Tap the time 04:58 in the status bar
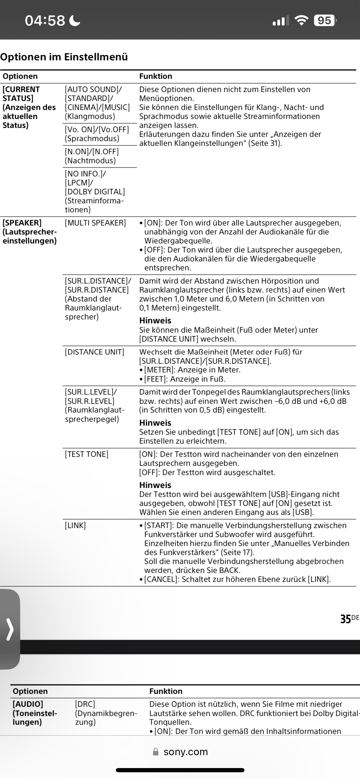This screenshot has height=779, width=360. pos(45,20)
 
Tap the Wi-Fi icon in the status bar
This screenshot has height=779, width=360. pos(301,20)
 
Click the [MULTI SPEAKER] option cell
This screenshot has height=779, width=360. pos(95,223)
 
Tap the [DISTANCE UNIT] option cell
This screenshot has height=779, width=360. pos(94,352)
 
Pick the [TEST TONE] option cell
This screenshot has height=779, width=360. pos(86,454)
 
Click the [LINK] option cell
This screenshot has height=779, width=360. pos(75,526)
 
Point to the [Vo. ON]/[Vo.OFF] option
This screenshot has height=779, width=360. pos(97,134)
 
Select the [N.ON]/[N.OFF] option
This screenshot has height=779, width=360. pos(92,156)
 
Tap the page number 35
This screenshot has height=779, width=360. pos(345,619)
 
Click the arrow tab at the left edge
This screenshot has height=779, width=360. pos(10,629)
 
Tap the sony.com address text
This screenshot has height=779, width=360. pos(186,752)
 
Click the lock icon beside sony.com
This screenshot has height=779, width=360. pos(156,752)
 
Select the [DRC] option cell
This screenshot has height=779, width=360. pos(85,704)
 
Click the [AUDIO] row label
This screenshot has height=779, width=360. pos(28,704)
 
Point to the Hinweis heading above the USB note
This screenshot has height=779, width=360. pos(155,485)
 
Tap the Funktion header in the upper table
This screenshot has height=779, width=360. pos(155,76)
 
